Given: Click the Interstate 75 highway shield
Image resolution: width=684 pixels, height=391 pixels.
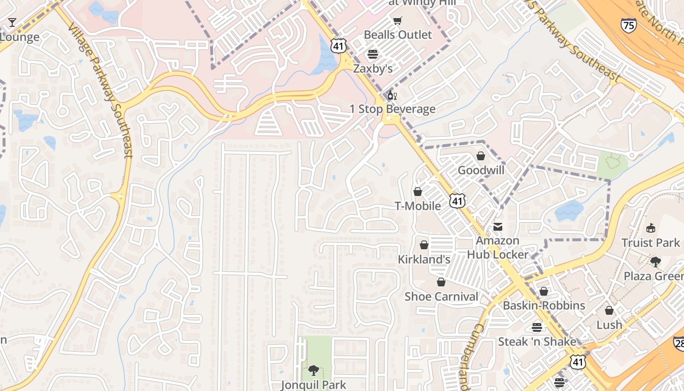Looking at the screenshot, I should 629,25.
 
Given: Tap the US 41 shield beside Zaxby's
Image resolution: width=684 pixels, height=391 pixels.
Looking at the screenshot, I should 339,46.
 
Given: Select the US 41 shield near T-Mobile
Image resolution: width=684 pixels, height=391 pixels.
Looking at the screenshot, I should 458,200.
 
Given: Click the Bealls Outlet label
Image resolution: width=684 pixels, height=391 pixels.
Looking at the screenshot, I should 398,35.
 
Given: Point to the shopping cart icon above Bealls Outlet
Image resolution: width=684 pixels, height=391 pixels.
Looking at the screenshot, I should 398,21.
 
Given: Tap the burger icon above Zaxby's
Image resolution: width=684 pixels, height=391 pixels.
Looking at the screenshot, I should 373,54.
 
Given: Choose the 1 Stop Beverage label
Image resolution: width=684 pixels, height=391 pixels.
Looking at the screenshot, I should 392,109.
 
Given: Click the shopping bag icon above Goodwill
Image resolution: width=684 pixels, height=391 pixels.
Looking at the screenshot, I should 481,156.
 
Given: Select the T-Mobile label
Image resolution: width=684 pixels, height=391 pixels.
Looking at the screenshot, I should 418,206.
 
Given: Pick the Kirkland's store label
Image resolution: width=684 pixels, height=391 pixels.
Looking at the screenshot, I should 424,259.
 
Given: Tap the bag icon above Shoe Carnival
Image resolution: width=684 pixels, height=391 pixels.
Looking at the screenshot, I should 441,282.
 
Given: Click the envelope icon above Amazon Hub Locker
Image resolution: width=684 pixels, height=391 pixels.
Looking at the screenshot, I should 498,227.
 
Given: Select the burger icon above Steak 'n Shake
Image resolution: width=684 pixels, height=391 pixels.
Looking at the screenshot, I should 537,327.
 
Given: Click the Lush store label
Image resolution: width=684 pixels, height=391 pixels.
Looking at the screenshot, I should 609,325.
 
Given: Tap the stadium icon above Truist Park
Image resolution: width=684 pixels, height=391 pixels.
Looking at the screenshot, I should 650,228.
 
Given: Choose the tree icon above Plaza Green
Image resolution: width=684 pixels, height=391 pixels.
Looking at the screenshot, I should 655,262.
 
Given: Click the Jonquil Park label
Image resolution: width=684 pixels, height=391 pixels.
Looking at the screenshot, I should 314,385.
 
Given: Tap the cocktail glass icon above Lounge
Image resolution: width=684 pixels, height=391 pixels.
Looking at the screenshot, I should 12,22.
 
